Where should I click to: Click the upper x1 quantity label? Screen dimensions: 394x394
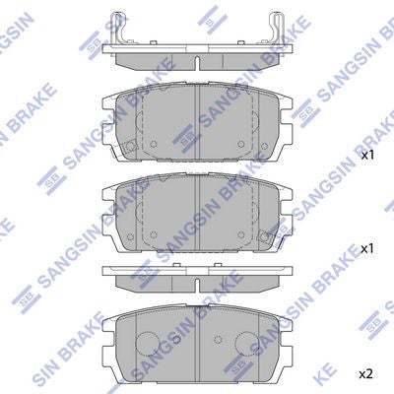[x=367, y=156]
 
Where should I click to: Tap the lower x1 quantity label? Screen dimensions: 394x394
[x=367, y=249]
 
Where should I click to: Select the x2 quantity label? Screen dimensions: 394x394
[x=366, y=373]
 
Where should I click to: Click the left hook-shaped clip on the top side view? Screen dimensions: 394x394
[x=119, y=28]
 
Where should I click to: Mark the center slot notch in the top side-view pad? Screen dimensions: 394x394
[x=197, y=63]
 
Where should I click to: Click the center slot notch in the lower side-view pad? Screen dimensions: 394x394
[x=197, y=286]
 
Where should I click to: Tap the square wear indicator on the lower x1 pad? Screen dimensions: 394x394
[x=264, y=236]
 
